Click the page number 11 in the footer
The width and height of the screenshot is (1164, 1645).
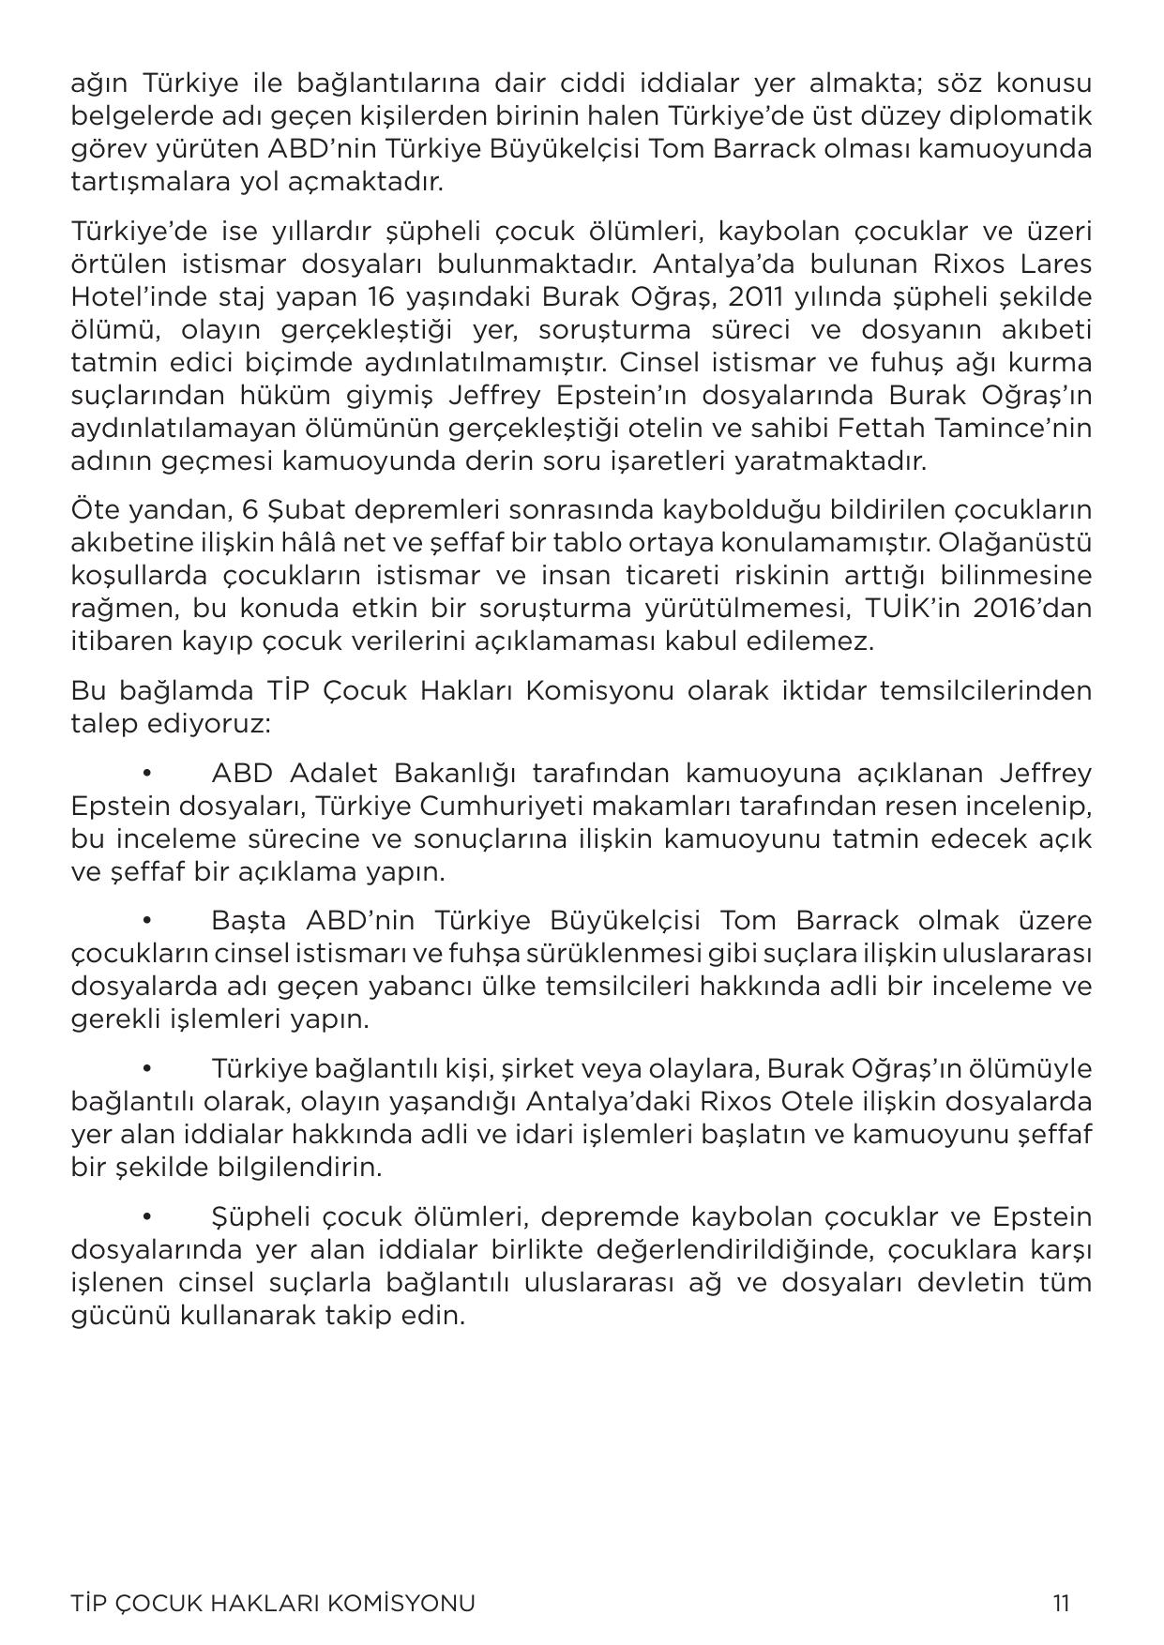[x=1061, y=1603]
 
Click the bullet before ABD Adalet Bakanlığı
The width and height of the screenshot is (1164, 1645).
[x=146, y=774]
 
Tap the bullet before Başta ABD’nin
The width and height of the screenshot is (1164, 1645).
[x=146, y=921]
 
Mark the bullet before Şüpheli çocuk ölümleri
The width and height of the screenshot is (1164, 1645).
[x=146, y=1217]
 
